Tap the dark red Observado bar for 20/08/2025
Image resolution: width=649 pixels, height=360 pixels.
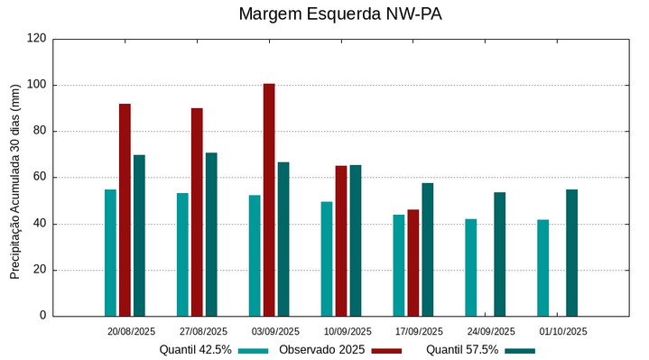(125, 209)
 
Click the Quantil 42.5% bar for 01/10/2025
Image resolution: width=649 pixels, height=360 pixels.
(542, 268)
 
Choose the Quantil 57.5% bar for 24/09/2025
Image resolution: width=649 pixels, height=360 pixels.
(500, 254)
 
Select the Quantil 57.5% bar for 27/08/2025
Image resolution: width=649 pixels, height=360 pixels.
(211, 235)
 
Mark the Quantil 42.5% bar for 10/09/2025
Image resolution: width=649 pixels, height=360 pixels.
(327, 259)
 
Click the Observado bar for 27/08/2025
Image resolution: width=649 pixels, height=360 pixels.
(197, 212)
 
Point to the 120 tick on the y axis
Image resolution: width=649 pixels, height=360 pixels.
(37, 39)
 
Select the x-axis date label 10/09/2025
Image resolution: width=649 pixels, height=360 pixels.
(348, 331)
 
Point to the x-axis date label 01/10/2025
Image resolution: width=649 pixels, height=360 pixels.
(564, 331)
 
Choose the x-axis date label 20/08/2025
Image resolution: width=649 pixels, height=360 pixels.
(131, 331)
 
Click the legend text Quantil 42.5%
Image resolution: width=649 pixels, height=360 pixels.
(196, 349)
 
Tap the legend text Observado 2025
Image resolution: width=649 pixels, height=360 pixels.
(321, 349)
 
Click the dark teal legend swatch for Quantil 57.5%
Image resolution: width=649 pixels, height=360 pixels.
(520, 350)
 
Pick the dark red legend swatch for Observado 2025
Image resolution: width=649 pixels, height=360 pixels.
(386, 350)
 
